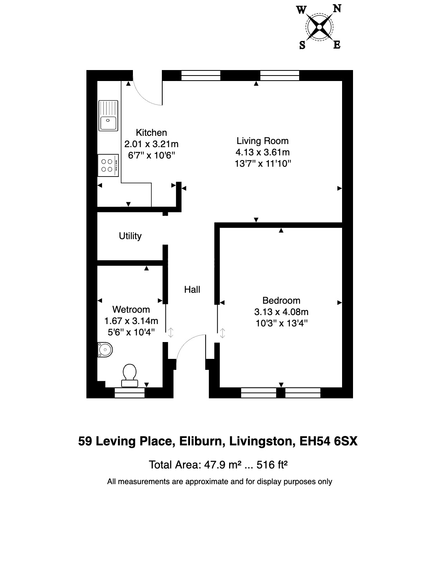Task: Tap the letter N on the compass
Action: pos(337,8)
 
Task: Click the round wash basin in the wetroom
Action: pos(104,349)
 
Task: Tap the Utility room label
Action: pos(130,236)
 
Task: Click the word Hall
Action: pos(192,290)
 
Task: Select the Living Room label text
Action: pos(262,141)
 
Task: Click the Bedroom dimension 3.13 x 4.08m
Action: pos(281,312)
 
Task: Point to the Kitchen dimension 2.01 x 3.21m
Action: pos(151,144)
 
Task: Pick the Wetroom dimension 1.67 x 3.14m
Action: pos(131,321)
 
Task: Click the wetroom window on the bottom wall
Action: pos(129,393)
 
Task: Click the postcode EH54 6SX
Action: pos(328,441)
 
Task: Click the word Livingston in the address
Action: pos(262,441)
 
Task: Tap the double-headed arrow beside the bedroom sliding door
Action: pos(222,333)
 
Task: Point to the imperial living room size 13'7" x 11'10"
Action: pos(262,164)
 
